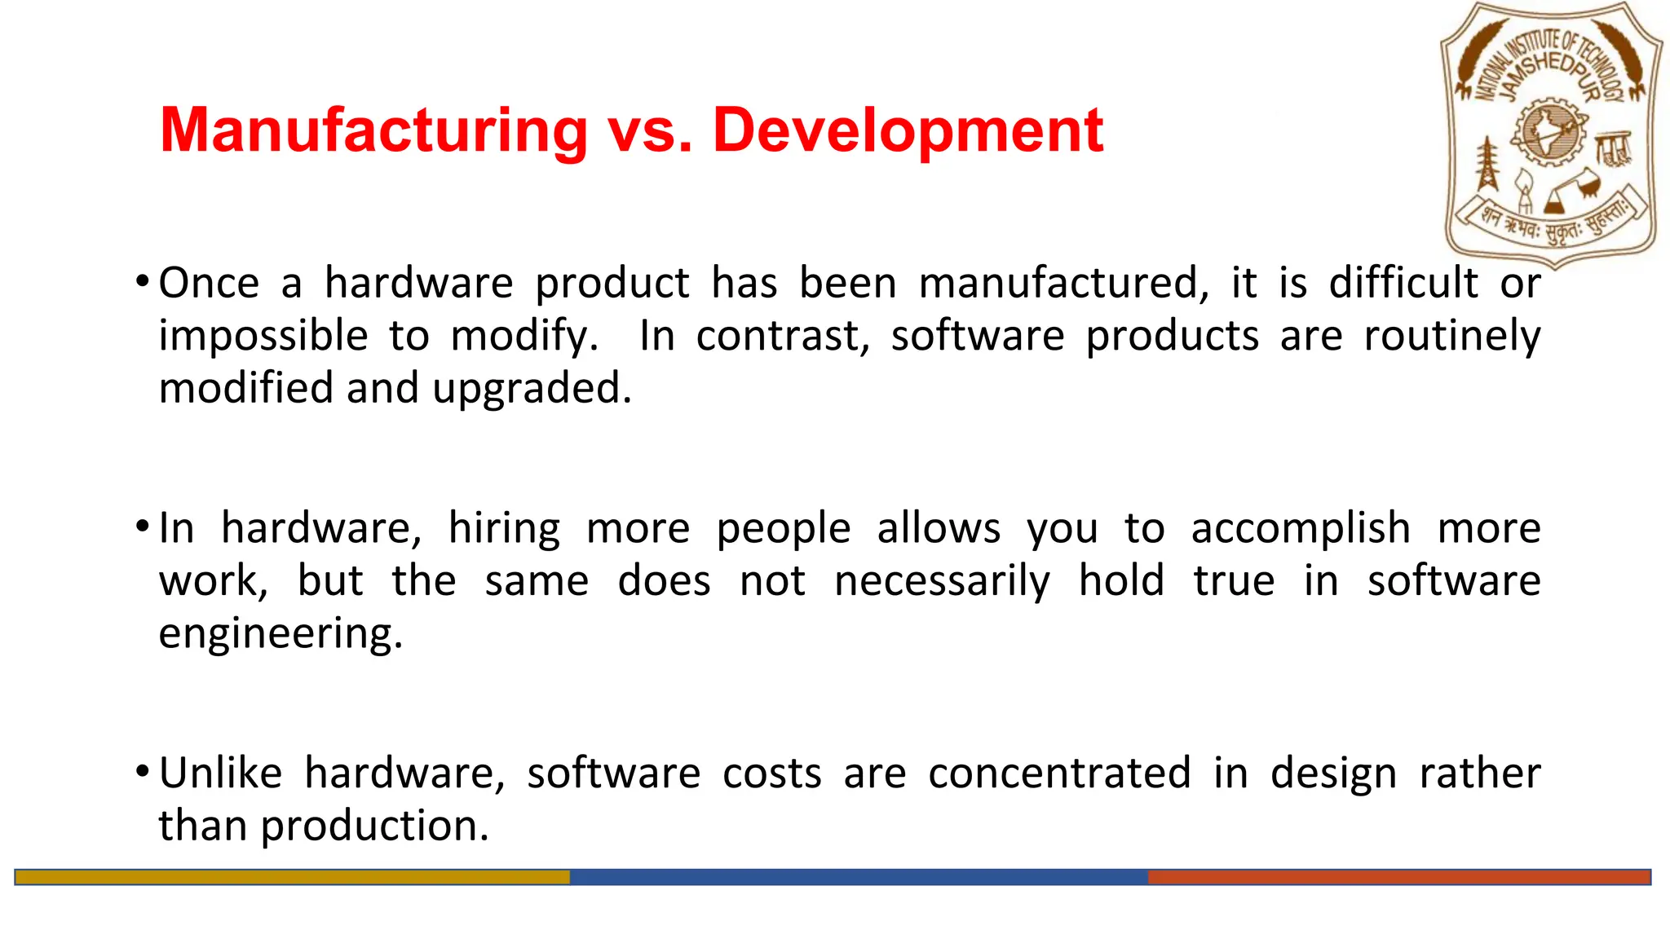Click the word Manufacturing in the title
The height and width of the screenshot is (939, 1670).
pyautogui.click(x=373, y=130)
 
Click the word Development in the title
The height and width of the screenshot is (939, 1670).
pyautogui.click(x=908, y=130)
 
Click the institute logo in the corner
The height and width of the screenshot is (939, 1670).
pyautogui.click(x=1552, y=134)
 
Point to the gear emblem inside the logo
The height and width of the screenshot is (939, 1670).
pyautogui.click(x=1549, y=130)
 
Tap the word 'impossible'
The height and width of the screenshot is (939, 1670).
pyautogui.click(x=263, y=337)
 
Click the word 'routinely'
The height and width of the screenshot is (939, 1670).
pyautogui.click(x=1452, y=337)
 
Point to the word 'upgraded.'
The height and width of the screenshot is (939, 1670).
pyautogui.click(x=532, y=389)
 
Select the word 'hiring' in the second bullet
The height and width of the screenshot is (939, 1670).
pyautogui.click(x=504, y=529)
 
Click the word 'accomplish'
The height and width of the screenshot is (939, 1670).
pyautogui.click(x=1301, y=529)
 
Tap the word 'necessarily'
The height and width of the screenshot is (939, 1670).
pyautogui.click(x=943, y=582)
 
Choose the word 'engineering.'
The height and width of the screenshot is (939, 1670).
pyautogui.click(x=281, y=634)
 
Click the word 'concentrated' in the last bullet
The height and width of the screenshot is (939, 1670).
pyautogui.click(x=1059, y=774)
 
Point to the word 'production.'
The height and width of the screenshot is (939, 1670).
pyautogui.click(x=374, y=827)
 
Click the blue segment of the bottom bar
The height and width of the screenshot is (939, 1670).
pyautogui.click(x=858, y=877)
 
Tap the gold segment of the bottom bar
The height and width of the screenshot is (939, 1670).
pyautogui.click(x=292, y=877)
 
